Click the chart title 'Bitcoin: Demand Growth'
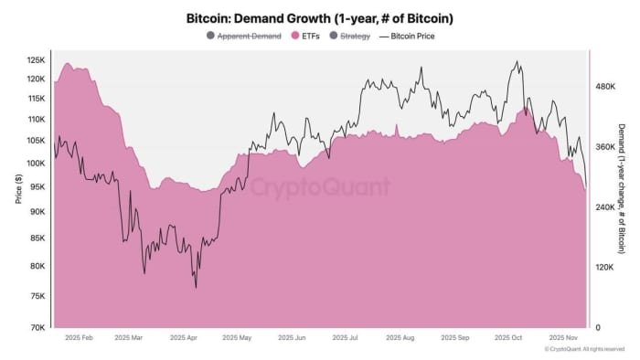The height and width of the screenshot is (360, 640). (x=320, y=17)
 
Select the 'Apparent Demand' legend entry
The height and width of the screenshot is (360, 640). (x=249, y=36)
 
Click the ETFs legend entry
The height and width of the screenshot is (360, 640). (x=308, y=36)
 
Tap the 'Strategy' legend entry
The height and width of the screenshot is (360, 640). (x=354, y=36)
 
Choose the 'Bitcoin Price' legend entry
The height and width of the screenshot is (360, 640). (x=409, y=36)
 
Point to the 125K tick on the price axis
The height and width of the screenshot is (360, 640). (x=36, y=60)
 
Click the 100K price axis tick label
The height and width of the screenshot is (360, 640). (x=36, y=164)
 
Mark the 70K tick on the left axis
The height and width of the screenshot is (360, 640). (x=37, y=327)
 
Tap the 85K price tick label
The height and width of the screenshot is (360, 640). (x=37, y=238)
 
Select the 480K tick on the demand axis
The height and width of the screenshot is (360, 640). (x=607, y=87)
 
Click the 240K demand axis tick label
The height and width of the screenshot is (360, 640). (x=607, y=207)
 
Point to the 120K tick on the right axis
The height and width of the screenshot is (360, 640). (x=607, y=268)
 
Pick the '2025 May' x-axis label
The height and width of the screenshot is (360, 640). (x=235, y=337)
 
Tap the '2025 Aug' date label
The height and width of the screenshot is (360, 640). (x=400, y=337)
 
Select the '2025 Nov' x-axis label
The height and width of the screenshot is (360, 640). (x=563, y=337)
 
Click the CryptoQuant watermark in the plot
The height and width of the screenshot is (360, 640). (x=320, y=187)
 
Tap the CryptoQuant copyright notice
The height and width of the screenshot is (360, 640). (x=585, y=349)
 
